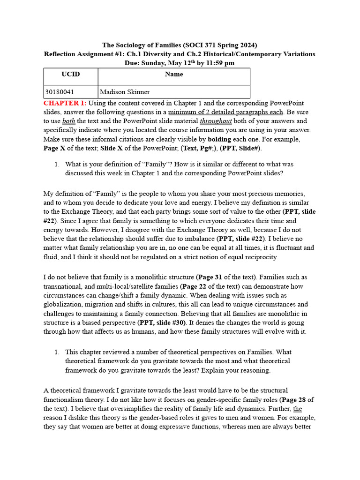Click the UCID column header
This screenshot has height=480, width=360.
tap(71, 74)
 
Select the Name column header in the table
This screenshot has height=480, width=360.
tap(174, 74)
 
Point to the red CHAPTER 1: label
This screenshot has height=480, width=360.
tap(65, 103)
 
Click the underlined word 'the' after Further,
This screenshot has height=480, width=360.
tap(298, 409)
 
